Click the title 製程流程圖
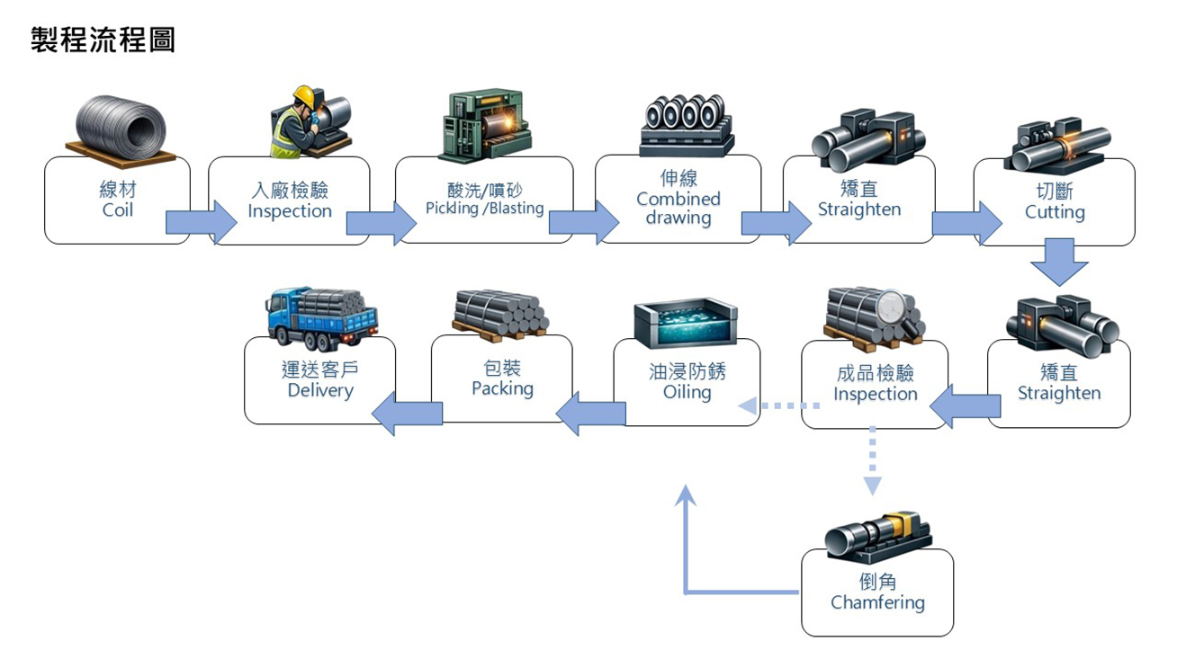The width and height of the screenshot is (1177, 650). (103, 40)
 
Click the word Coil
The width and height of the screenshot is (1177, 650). (117, 210)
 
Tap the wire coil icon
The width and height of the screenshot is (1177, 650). (120, 129)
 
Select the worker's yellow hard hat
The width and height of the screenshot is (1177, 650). (304, 95)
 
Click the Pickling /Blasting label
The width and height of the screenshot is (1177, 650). (484, 209)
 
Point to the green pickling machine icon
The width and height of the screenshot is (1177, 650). (484, 123)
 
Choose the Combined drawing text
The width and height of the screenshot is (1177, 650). (678, 209)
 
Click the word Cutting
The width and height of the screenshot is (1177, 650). (1055, 212)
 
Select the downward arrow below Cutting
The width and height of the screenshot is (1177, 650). (1059, 262)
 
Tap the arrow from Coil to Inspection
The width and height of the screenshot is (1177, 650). (200, 222)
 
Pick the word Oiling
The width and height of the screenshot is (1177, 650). (687, 392)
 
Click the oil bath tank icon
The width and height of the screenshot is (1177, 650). (686, 323)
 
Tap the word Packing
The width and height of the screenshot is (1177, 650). (502, 388)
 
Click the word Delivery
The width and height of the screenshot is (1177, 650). (320, 390)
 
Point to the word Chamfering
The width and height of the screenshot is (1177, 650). (877, 602)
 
